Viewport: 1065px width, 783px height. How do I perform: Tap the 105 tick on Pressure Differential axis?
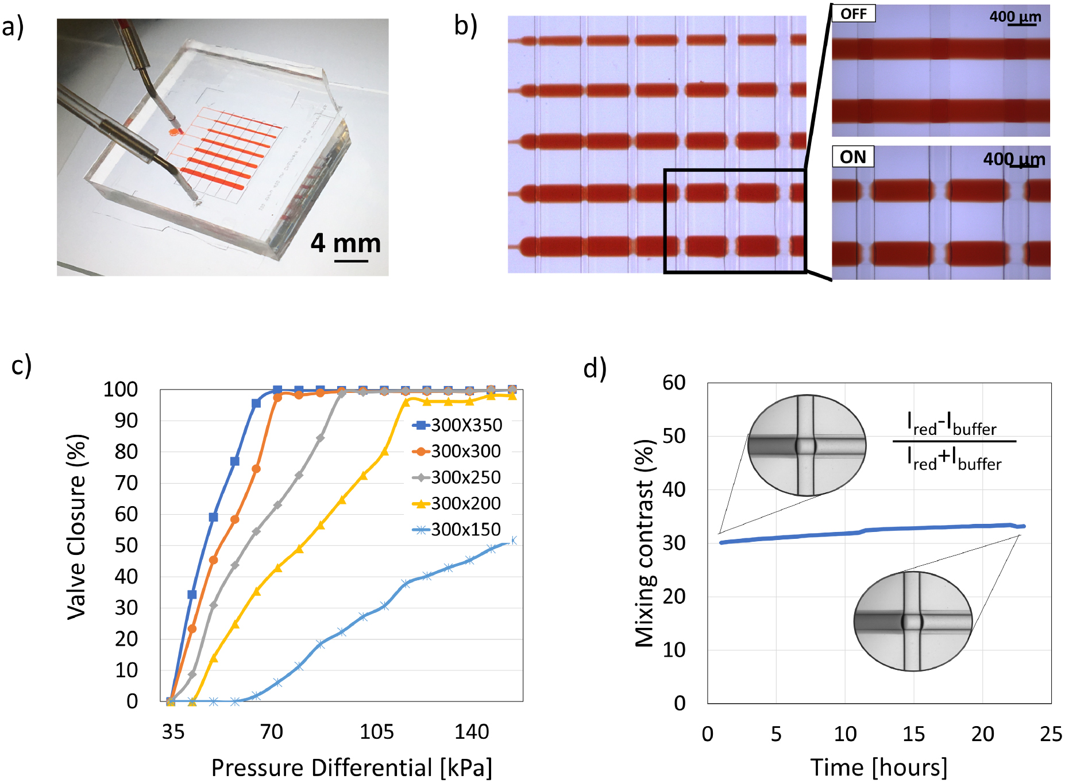pyautogui.click(x=377, y=732)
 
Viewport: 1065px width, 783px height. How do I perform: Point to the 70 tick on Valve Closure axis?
pyautogui.click(x=126, y=483)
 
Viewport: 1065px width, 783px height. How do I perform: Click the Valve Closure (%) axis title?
pyautogui.click(x=76, y=527)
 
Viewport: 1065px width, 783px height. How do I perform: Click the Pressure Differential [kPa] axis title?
pyautogui.click(x=352, y=767)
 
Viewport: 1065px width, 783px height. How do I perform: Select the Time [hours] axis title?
pyautogui.click(x=879, y=767)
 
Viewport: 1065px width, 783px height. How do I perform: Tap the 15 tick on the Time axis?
pyautogui.click(x=913, y=734)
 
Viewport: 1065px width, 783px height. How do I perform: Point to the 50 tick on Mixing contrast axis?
pyautogui.click(x=674, y=436)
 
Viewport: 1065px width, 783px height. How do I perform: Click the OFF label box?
pyautogui.click(x=854, y=14)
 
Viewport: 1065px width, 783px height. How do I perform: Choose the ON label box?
pyautogui.click(x=853, y=157)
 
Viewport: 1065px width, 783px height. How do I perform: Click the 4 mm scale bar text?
pyautogui.click(x=346, y=243)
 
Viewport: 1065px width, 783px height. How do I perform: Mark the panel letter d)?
pyautogui.click(x=595, y=368)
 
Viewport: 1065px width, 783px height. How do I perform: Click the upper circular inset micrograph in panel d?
pyautogui.click(x=807, y=445)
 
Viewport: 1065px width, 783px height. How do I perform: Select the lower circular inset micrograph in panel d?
pyautogui.click(x=913, y=621)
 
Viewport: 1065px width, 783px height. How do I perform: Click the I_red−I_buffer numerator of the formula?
pyautogui.click(x=952, y=424)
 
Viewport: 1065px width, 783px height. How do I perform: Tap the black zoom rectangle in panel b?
pyautogui.click(x=735, y=221)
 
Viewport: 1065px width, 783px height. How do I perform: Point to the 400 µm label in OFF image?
pyautogui.click(x=1015, y=17)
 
